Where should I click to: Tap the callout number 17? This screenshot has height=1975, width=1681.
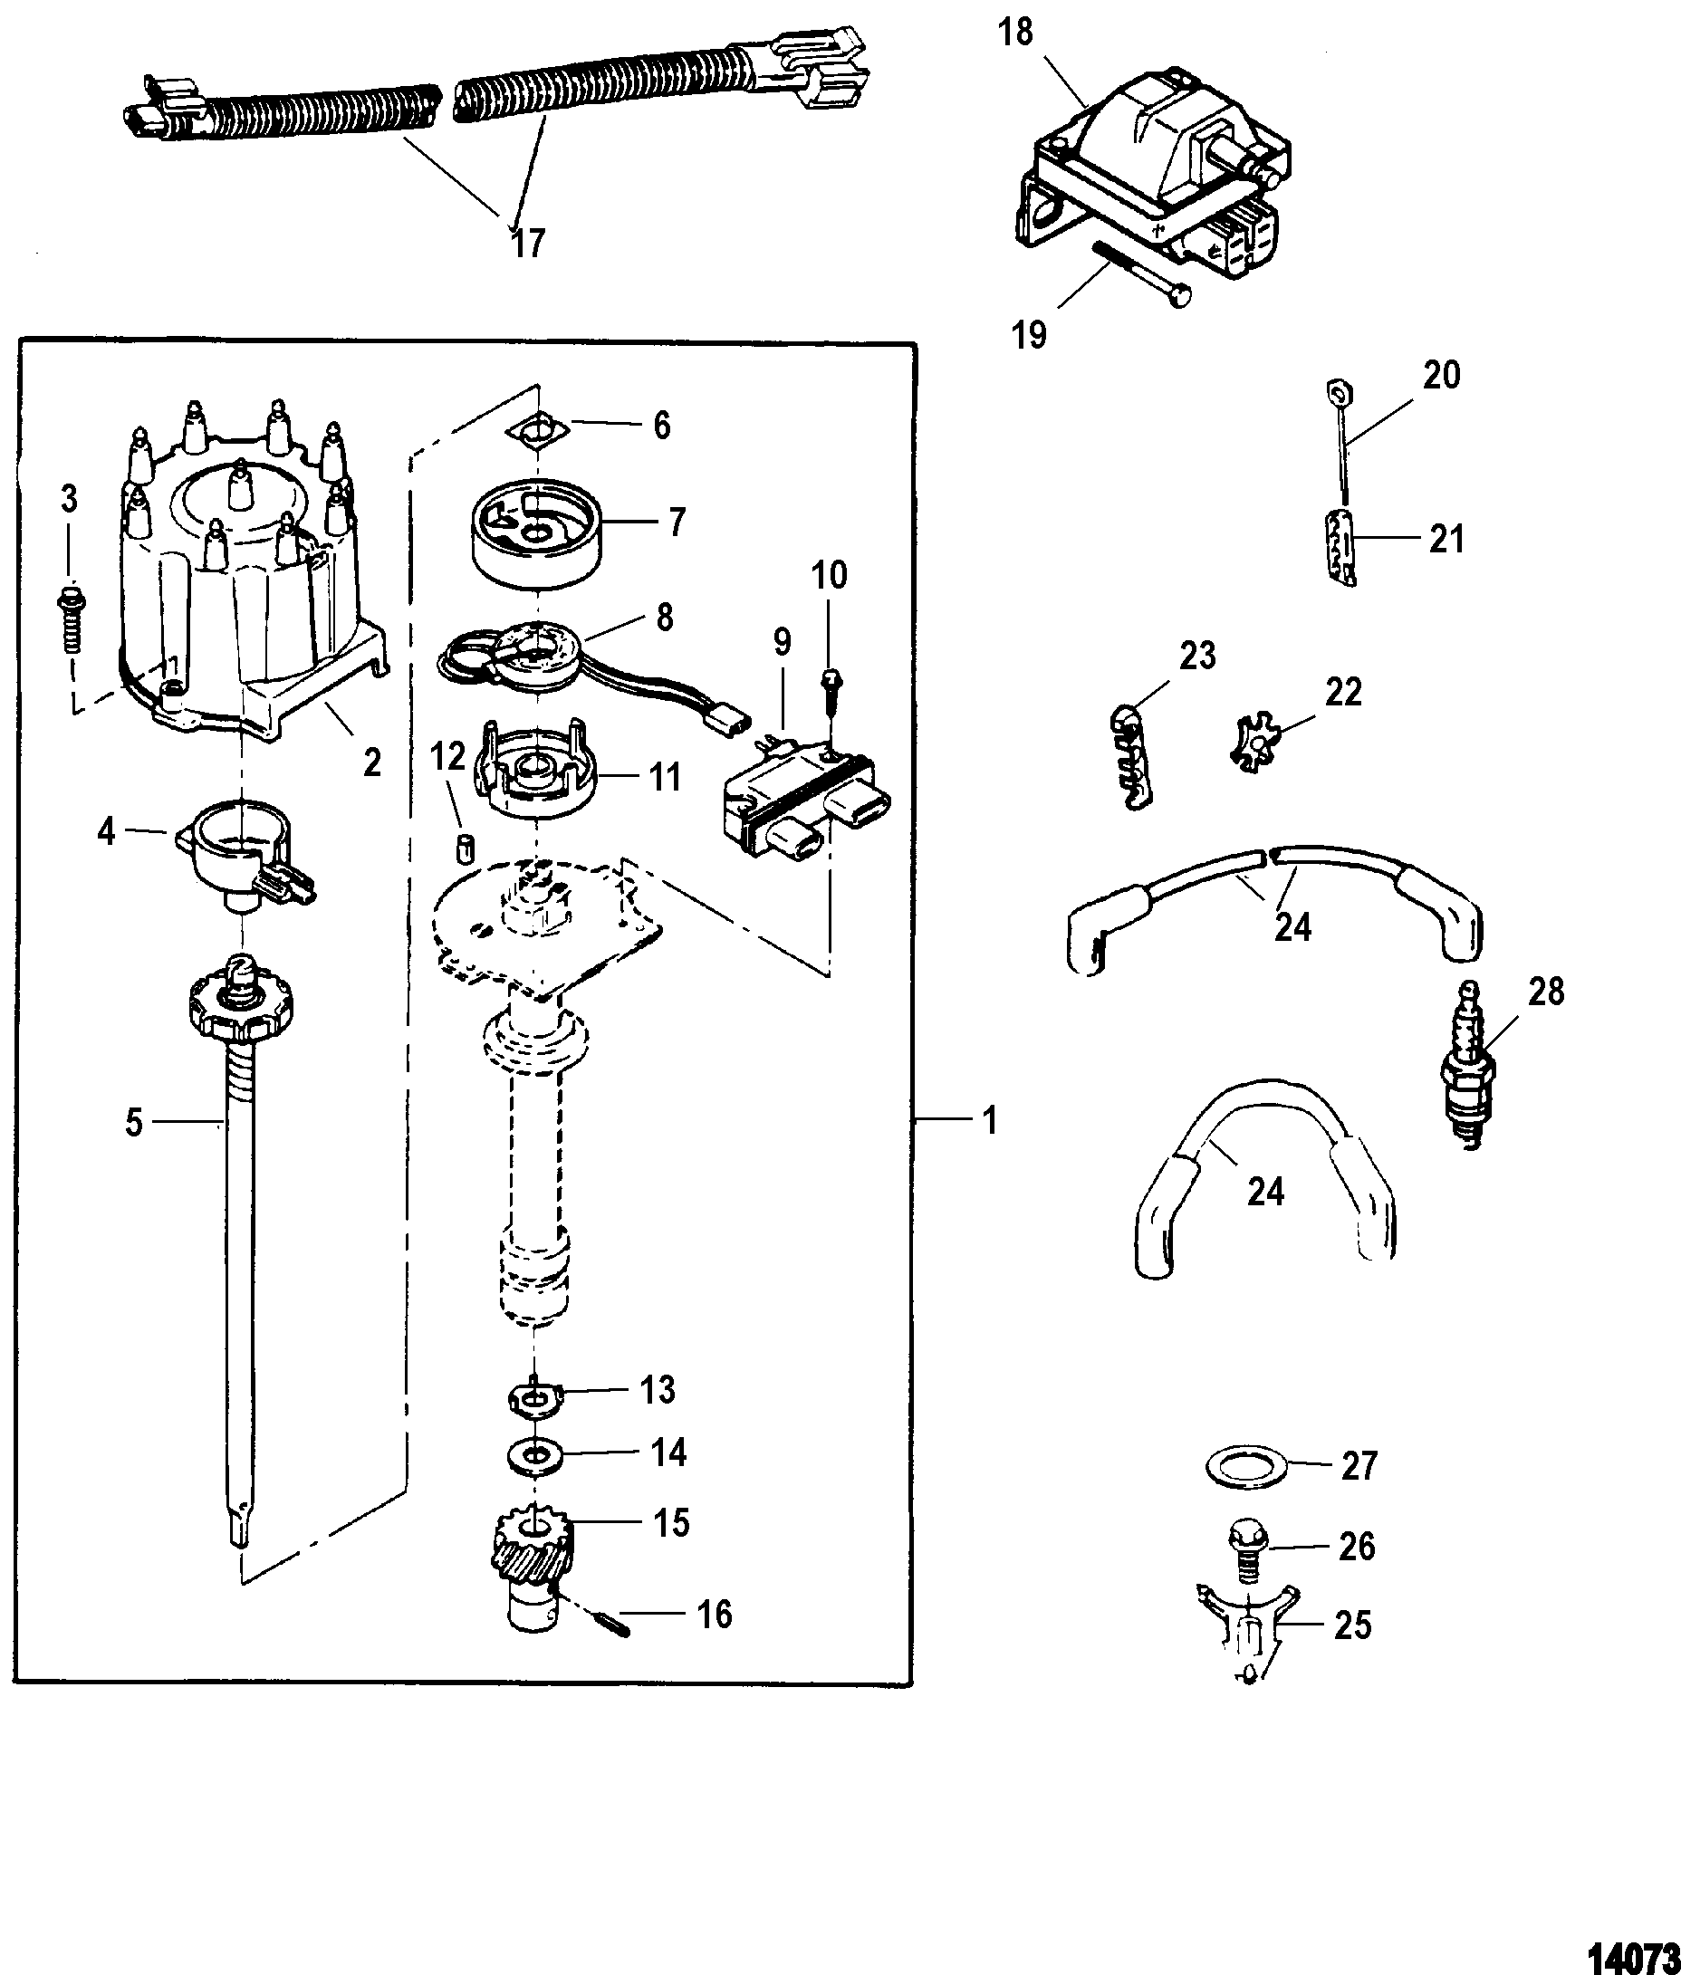coord(527,244)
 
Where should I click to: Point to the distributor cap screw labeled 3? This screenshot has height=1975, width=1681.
coord(69,618)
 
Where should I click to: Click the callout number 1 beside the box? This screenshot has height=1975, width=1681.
coord(990,1121)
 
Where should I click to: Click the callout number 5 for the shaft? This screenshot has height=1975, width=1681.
coord(133,1123)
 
